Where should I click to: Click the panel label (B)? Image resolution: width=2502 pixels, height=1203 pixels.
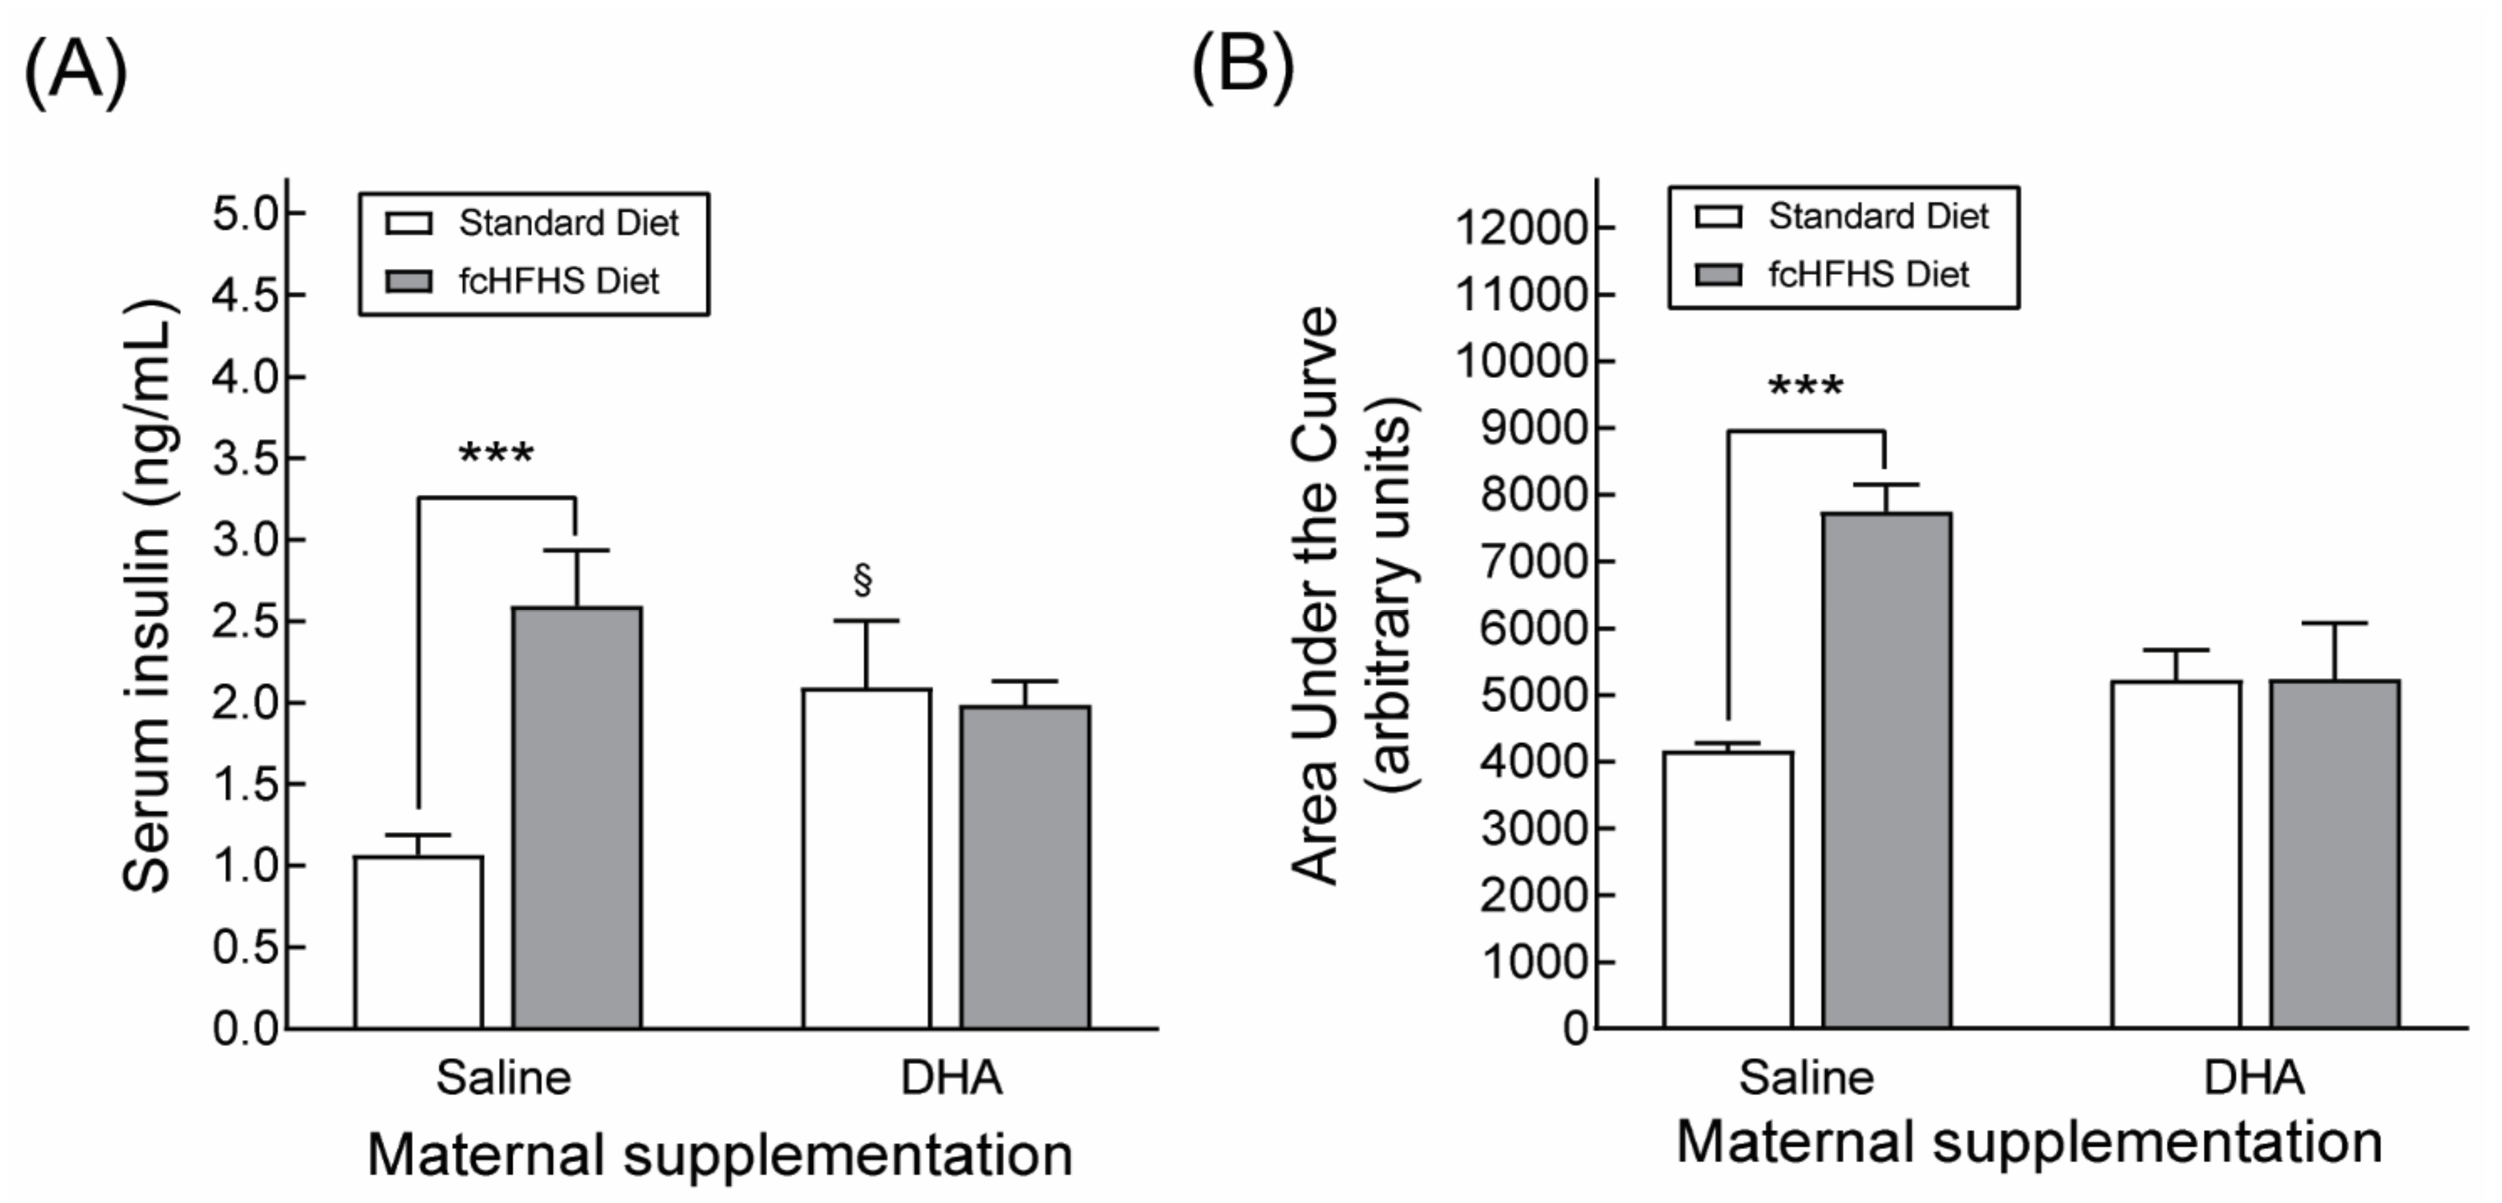pos(1243,66)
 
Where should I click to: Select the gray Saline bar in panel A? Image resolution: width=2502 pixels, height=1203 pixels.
pos(577,818)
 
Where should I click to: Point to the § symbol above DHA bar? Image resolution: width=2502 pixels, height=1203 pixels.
pos(863,579)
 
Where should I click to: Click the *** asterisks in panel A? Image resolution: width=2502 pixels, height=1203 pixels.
pos(496,453)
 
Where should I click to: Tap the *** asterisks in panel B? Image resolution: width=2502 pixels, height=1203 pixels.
pos(1806,387)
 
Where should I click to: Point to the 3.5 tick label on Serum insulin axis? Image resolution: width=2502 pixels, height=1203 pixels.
pos(245,459)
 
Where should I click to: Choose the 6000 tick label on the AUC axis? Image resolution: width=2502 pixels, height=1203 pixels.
pos(1533,629)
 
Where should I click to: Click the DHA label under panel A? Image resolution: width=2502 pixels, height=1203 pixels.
pos(951,1078)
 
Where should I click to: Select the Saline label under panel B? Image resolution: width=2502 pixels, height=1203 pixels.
pos(1806,1078)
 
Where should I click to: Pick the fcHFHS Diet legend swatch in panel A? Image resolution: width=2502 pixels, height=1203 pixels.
pos(408,281)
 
